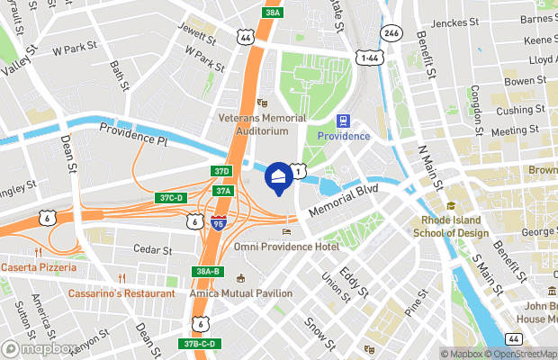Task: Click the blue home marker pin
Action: [279, 175]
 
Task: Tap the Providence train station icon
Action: [343, 121]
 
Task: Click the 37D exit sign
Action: [222, 171]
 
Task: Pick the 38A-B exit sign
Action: [207, 271]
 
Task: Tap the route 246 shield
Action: [390, 33]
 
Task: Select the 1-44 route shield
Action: [369, 58]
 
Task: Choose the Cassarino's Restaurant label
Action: [121, 293]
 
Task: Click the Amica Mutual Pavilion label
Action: [240, 293]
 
